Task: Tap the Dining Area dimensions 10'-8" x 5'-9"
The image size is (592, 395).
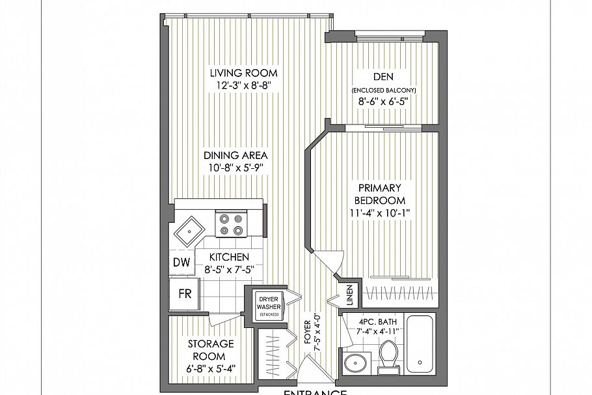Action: pyautogui.click(x=235, y=167)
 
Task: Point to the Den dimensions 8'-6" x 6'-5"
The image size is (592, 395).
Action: pyautogui.click(x=383, y=101)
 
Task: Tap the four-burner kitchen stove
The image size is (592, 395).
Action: pyautogui.click(x=229, y=224)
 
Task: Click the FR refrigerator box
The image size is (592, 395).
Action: pyautogui.click(x=184, y=293)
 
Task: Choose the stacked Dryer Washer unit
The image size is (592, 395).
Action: pyautogui.click(x=268, y=305)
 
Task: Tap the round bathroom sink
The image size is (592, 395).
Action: pyautogui.click(x=356, y=362)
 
